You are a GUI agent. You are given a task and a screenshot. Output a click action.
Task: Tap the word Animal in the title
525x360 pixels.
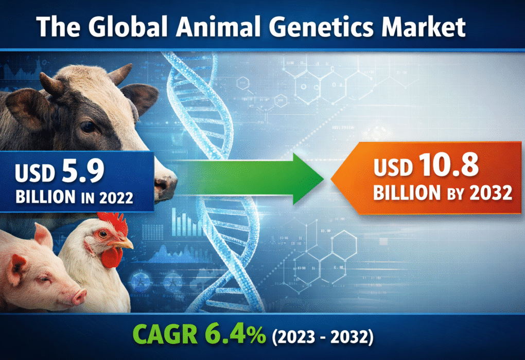pos(211,27)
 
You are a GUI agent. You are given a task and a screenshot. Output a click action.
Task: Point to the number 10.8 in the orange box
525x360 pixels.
pos(446,168)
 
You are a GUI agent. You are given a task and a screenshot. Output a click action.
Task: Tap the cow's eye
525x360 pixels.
pos(87,127)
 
